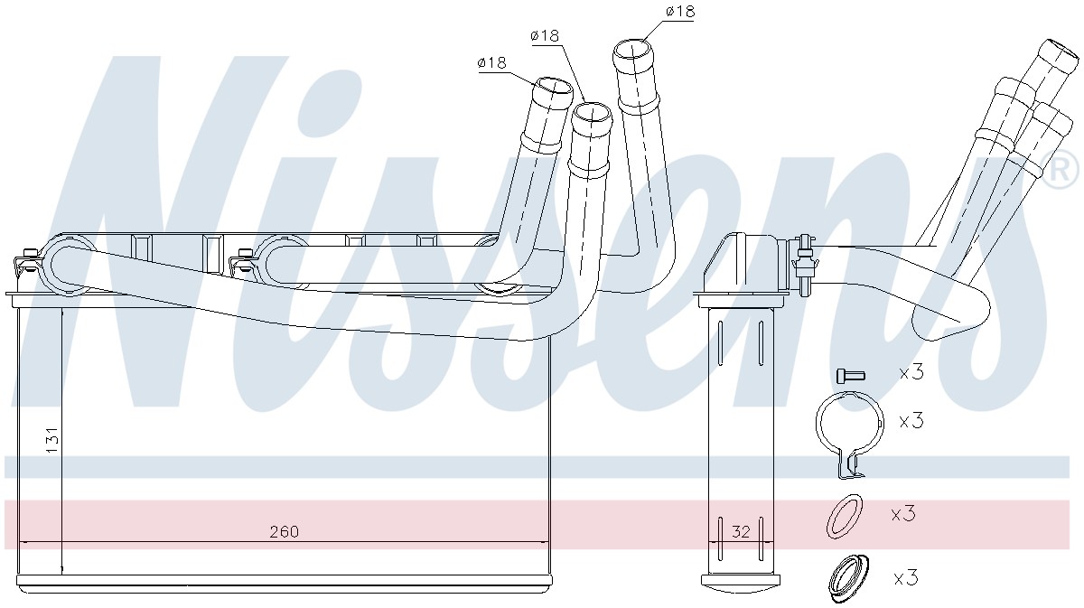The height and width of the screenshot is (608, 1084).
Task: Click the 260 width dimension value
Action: [284, 532]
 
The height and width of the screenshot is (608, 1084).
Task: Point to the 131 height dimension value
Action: [52, 440]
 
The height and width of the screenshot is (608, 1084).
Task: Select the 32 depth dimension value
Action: [741, 532]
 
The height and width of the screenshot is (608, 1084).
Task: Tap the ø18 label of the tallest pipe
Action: [680, 11]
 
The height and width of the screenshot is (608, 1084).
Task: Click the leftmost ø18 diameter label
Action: [491, 62]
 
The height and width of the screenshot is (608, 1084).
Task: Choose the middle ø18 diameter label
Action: [545, 35]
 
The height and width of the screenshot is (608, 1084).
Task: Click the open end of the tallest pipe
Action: [632, 50]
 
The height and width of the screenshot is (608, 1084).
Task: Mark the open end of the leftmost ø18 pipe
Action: [553, 87]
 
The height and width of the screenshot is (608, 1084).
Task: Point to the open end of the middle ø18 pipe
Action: [592, 113]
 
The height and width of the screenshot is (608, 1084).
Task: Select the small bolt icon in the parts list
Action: [850, 375]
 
